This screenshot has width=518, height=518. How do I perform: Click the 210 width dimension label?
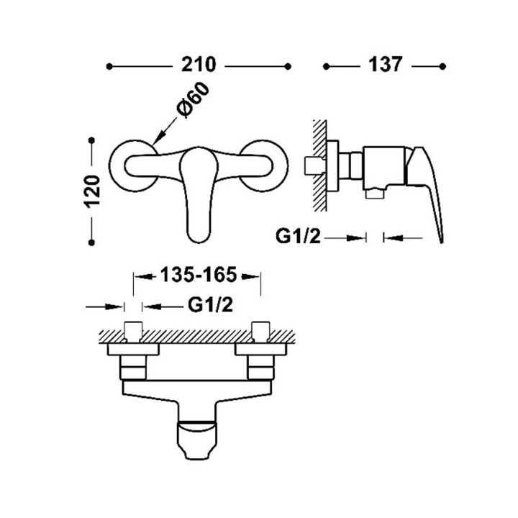tap(199, 65)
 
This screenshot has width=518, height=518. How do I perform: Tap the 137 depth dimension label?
tap(385, 65)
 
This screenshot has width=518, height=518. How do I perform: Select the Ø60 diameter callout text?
tap(193, 99)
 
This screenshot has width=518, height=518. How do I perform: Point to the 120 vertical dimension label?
tap(92, 191)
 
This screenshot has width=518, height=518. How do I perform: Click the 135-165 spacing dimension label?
tap(199, 275)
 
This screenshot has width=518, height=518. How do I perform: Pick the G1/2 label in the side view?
tap(298, 237)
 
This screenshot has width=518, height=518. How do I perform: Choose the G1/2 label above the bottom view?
tap(210, 305)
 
